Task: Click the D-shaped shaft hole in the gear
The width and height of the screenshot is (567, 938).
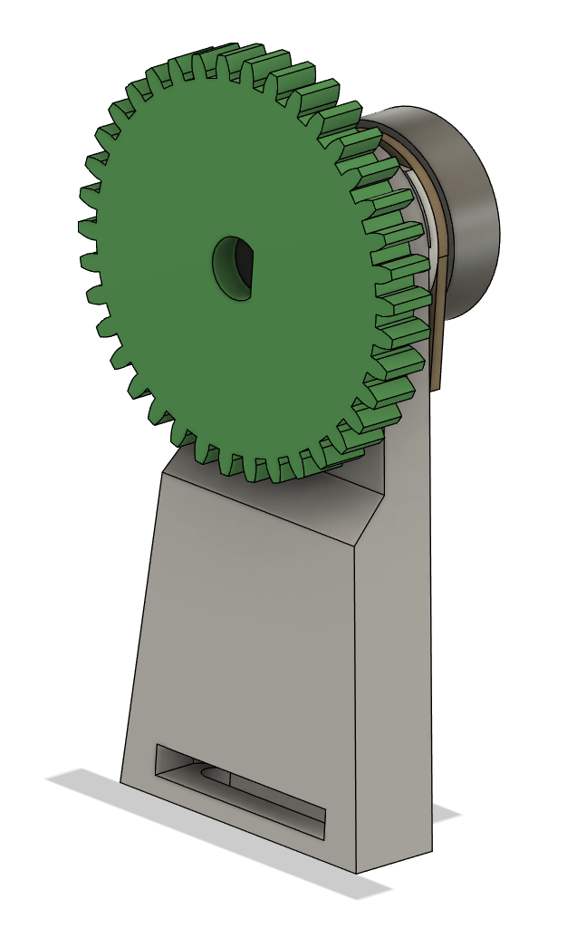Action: (235, 269)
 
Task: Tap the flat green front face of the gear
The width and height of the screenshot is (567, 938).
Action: (181, 344)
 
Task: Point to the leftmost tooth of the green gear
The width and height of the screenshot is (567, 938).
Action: (89, 263)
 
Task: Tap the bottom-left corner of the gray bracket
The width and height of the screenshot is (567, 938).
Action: (121, 782)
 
